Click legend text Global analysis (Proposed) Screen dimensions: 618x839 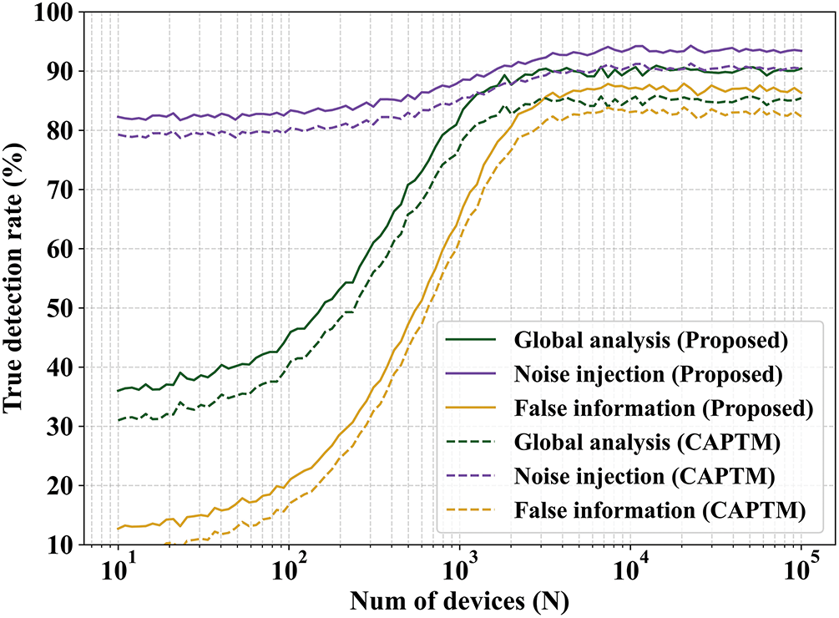tap(651, 341)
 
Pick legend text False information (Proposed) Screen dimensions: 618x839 tap(664, 408)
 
